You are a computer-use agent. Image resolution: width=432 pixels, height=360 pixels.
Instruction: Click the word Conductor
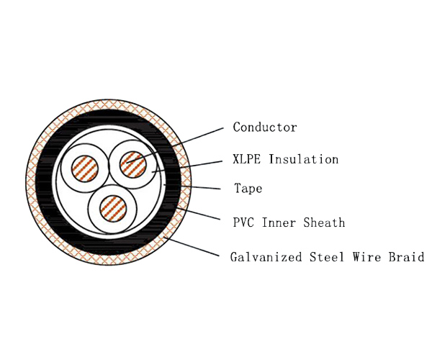tap(264, 127)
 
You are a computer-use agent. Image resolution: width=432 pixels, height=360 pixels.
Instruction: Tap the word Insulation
tap(303, 159)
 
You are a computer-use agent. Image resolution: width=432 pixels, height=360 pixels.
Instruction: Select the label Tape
tap(248, 189)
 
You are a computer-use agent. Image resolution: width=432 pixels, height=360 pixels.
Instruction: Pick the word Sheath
tap(325, 222)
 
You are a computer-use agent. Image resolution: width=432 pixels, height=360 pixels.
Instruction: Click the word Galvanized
tap(264, 257)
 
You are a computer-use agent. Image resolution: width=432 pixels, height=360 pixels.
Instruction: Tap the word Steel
tap(322, 256)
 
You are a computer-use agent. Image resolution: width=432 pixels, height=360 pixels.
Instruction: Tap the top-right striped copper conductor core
tap(132, 162)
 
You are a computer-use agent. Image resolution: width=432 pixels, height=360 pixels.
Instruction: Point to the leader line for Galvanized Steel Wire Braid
tap(194, 248)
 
